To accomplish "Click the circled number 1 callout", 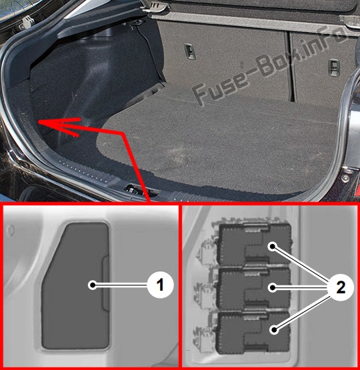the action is (x=161, y=285).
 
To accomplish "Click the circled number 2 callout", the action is (x=341, y=287).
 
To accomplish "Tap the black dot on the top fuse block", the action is (x=273, y=247).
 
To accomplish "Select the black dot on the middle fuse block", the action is (x=273, y=287).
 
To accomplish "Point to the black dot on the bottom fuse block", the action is (x=274, y=329).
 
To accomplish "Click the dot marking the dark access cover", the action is (x=93, y=285).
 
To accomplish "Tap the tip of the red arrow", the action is (x=39, y=122).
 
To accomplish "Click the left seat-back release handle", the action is (x=190, y=51).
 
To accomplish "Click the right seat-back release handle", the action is (x=333, y=67).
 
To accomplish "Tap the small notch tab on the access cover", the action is (x=105, y=283).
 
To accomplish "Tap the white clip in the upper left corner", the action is (x=28, y=21).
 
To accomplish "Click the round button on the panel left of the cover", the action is (x=10, y=229).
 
